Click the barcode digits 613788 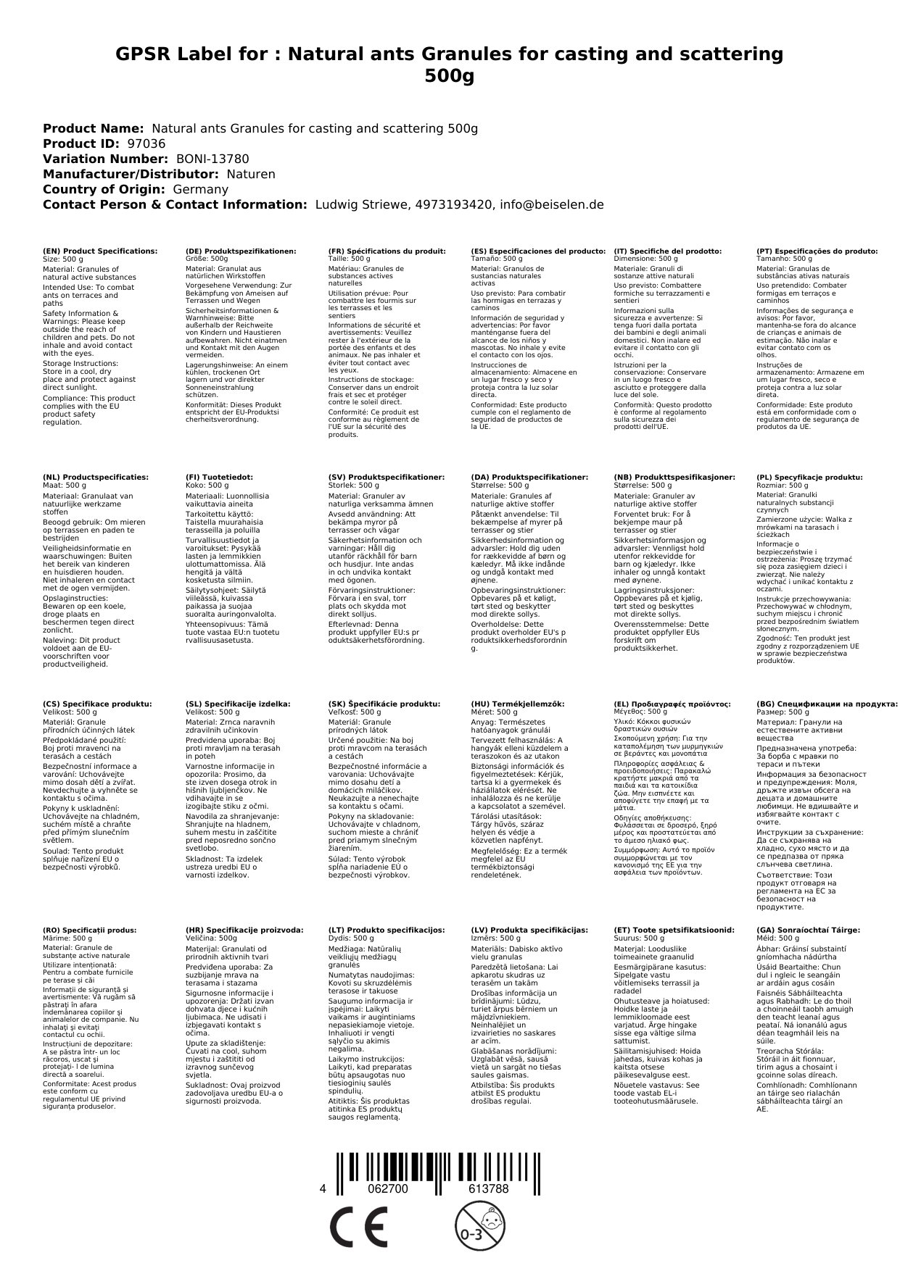489,1188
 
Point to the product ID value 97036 146,143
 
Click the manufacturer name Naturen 251,174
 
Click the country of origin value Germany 200,189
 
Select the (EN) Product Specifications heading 100,251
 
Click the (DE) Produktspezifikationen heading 241,251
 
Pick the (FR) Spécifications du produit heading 387,251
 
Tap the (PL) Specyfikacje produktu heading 809,478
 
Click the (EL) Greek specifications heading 672,704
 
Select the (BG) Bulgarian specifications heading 827,704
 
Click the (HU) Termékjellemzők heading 517,704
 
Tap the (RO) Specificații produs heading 90,930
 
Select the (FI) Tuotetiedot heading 219,478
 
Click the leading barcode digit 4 323,1188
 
